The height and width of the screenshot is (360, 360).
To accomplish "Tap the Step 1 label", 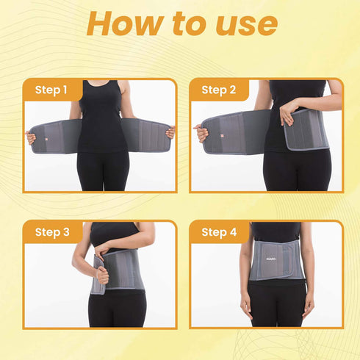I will tap(51, 90).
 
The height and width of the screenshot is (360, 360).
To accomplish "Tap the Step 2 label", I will tap(217, 90).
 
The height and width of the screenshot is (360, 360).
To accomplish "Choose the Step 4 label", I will tap(218, 232).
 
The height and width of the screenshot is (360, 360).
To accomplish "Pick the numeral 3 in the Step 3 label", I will tap(66, 232).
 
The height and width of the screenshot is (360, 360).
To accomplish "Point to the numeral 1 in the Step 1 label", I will tap(65, 90).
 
